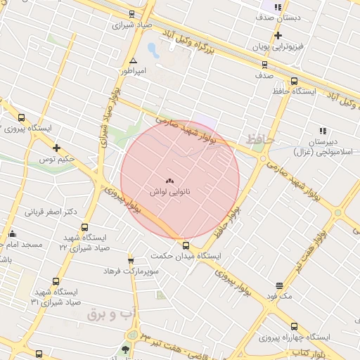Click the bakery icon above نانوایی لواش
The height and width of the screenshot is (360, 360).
(x=169, y=180)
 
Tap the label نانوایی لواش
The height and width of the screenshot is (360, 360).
(x=169, y=191)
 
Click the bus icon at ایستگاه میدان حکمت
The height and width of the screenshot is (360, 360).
(x=186, y=245)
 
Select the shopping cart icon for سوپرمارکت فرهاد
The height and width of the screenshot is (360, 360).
(x=131, y=261)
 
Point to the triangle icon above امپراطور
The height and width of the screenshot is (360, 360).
(x=134, y=61)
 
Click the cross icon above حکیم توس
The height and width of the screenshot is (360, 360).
(x=57, y=148)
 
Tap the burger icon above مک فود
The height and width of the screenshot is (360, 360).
(x=279, y=285)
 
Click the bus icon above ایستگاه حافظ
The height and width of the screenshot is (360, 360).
(x=294, y=81)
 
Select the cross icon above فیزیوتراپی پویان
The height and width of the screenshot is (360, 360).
(x=279, y=35)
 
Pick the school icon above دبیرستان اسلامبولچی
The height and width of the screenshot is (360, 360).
(x=323, y=131)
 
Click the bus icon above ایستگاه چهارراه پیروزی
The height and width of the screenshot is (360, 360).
(x=294, y=327)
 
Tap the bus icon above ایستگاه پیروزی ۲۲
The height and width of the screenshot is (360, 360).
(x=21, y=118)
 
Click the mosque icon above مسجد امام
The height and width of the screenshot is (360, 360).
(x=12, y=234)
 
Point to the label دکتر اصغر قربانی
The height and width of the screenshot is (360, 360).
(x=51, y=211)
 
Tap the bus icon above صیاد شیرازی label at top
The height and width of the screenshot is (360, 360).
(x=132, y=15)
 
